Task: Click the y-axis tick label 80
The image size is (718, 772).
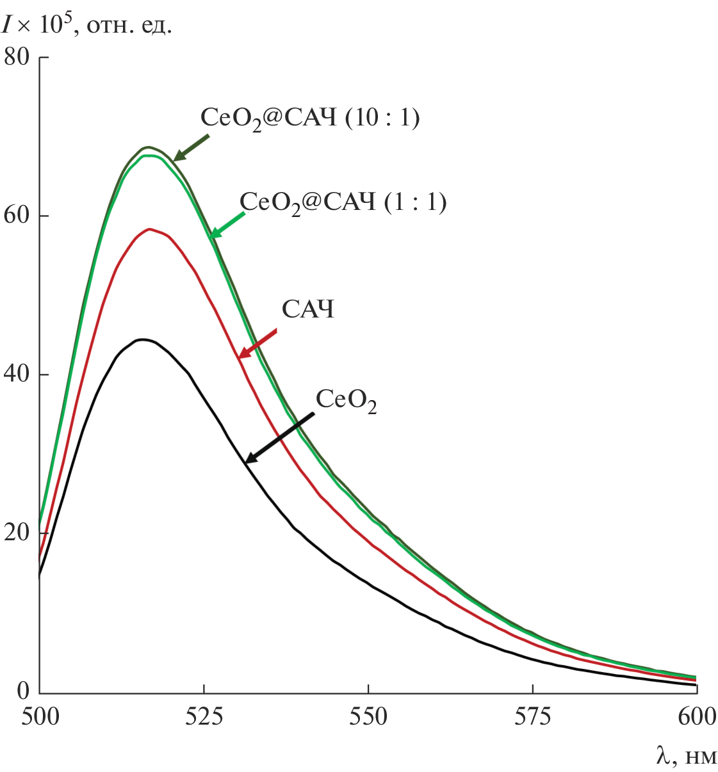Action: (x=17, y=57)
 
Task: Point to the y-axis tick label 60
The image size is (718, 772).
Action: (x=17, y=215)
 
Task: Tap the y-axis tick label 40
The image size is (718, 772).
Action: (x=17, y=374)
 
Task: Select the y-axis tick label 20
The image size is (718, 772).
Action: (x=17, y=533)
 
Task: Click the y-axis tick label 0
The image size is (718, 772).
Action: (x=23, y=691)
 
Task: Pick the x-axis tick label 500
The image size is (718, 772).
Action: (x=40, y=716)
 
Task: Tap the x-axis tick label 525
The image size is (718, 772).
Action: (x=204, y=716)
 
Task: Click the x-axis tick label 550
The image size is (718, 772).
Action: (x=368, y=716)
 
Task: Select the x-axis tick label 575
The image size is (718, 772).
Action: (x=532, y=716)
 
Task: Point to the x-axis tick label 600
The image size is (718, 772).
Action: (x=696, y=716)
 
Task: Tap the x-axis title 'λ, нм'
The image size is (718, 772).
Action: (x=686, y=756)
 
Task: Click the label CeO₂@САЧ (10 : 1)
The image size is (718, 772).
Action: (x=310, y=118)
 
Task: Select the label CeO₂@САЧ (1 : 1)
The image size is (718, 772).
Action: (x=343, y=203)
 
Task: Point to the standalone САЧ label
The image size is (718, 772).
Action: (x=308, y=310)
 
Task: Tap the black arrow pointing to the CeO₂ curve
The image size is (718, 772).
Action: (x=279, y=438)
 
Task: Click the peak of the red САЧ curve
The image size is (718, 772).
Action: (x=149, y=229)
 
